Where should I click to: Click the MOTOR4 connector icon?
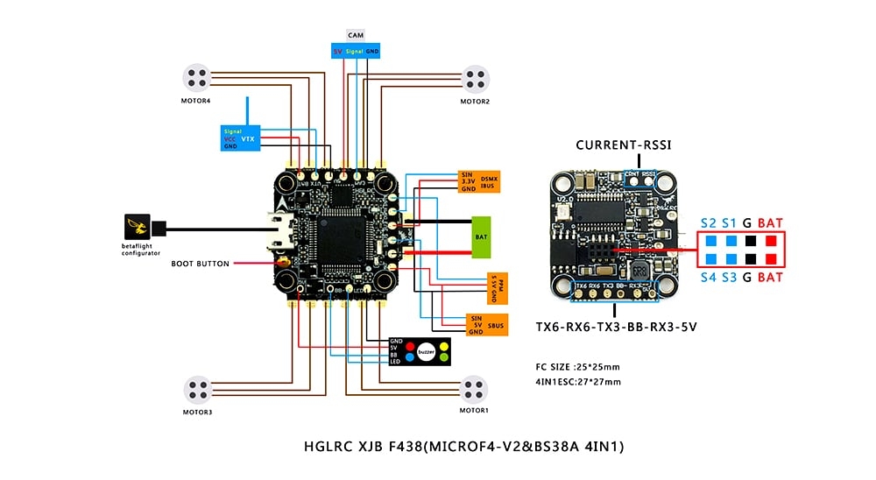198,79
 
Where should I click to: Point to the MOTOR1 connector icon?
474,387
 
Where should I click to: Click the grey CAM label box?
356,35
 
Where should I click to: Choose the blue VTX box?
238,138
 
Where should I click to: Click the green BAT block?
482,236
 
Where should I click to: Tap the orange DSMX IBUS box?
477,182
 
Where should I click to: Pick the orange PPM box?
495,288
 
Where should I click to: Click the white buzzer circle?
427,350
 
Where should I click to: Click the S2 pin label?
708,222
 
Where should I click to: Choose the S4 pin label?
708,278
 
